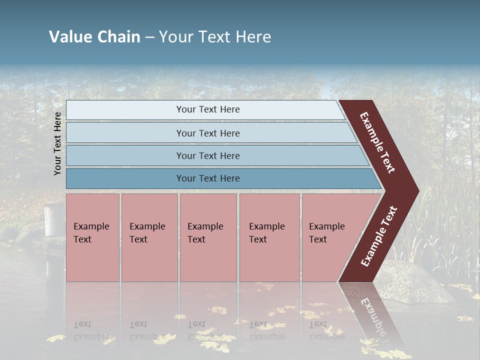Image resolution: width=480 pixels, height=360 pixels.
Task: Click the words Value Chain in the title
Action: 94,37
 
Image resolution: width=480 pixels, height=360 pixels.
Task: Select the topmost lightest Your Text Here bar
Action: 207,109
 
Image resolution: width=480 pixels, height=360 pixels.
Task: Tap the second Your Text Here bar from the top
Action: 207,133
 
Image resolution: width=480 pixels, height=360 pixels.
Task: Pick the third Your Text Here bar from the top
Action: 207,155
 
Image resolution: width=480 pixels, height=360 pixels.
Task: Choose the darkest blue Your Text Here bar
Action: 207,178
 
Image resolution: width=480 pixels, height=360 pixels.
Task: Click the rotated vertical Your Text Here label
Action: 58,143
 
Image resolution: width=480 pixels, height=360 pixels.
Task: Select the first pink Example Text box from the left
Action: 92,237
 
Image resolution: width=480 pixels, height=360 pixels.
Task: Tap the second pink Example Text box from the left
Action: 149,237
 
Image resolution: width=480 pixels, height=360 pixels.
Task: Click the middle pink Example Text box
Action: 208,237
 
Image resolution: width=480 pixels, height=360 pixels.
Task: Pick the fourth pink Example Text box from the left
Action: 269,237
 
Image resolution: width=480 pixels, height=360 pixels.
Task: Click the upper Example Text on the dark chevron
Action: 377,142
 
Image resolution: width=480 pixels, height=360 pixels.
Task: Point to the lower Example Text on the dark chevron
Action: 379,236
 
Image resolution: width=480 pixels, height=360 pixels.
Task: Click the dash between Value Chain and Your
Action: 149,37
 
